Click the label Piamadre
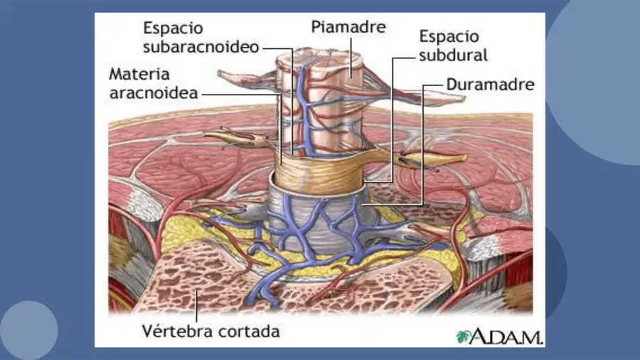click(348, 27)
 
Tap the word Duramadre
click(490, 85)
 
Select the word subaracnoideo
click(201, 47)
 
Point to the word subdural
click(453, 55)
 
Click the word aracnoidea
click(154, 93)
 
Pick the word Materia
click(139, 74)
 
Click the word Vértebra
click(174, 331)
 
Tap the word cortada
click(246, 332)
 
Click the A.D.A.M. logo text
click(506, 337)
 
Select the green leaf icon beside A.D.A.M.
click(462, 337)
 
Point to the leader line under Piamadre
click(351, 57)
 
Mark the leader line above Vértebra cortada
click(196, 306)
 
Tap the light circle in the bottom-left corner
click(28, 331)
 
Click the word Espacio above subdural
click(449, 36)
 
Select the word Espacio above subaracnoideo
click(173, 28)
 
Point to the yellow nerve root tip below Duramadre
click(457, 157)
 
